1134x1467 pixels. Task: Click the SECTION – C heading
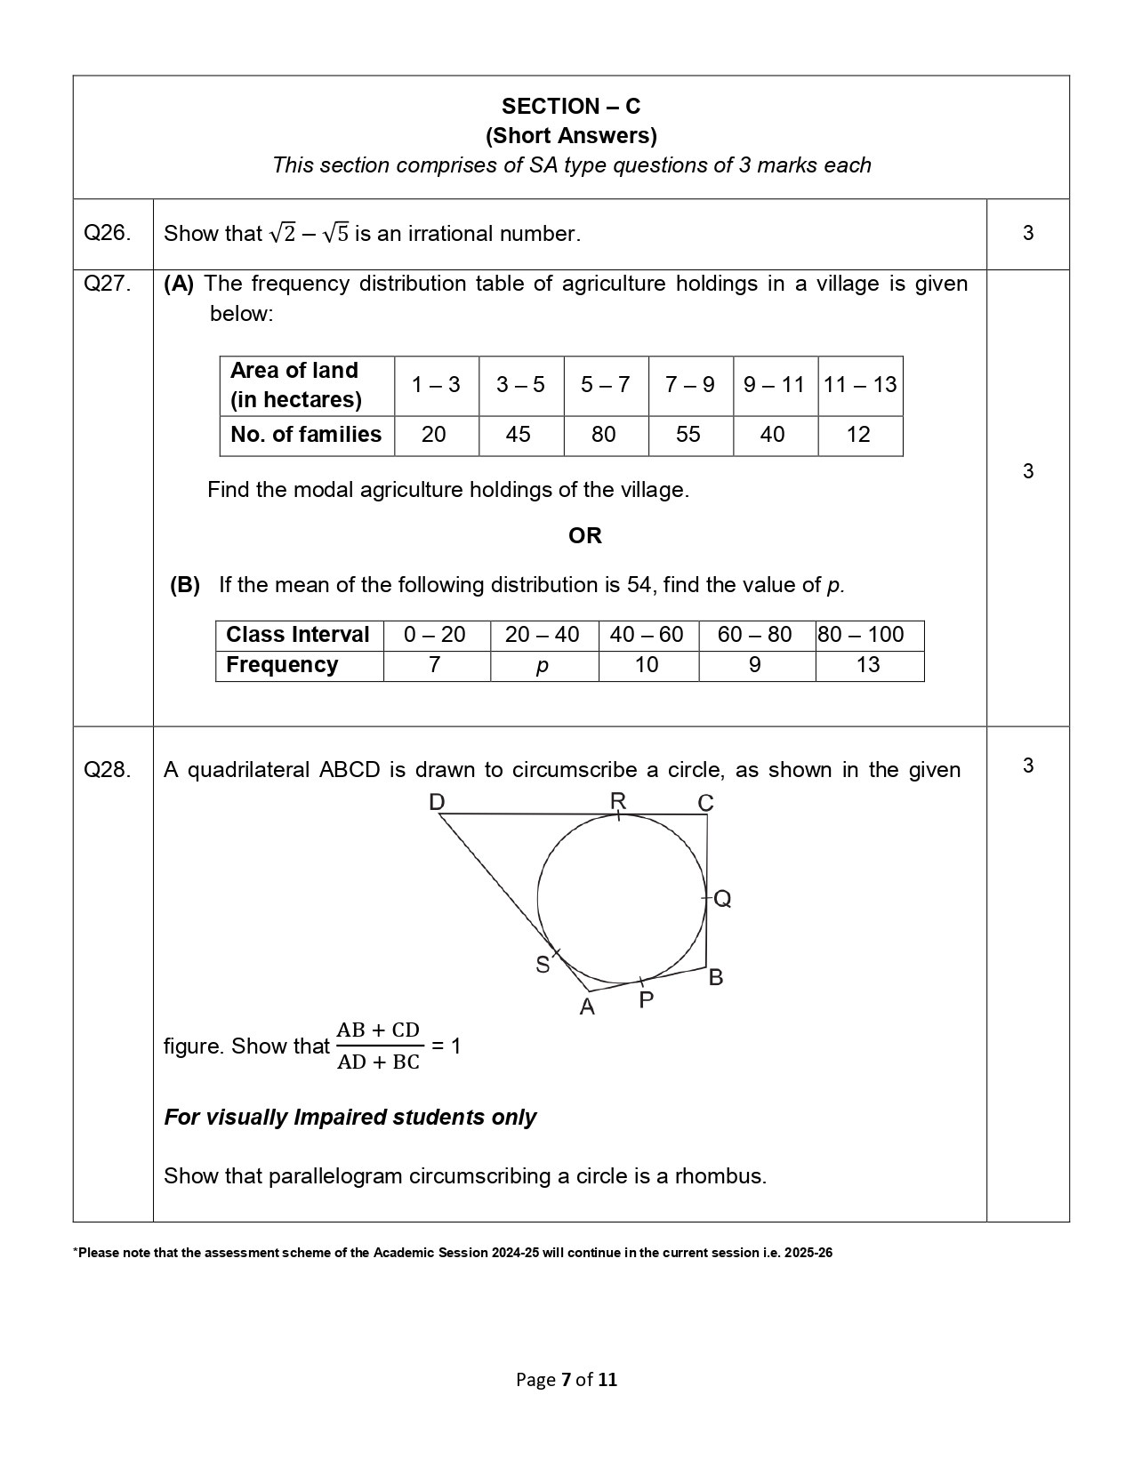pyautogui.click(x=570, y=107)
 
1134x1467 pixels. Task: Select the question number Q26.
pyautogui.click(x=107, y=233)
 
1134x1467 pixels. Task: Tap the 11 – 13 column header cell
pyautogui.click(x=860, y=385)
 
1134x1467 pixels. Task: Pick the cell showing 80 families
pyautogui.click(x=603, y=435)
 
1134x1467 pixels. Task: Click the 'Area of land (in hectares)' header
pyautogui.click(x=295, y=385)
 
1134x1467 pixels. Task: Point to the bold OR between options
pyautogui.click(x=584, y=535)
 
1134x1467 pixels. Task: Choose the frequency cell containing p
pyautogui.click(x=542, y=666)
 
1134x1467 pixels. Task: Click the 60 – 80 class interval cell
pyautogui.click(x=754, y=635)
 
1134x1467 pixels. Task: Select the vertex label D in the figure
pyautogui.click(x=437, y=803)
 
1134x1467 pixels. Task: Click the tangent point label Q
pyautogui.click(x=723, y=899)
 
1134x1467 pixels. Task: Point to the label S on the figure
pyautogui.click(x=543, y=965)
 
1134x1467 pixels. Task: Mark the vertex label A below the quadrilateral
pyautogui.click(x=587, y=1007)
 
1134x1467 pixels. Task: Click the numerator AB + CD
pyautogui.click(x=378, y=1030)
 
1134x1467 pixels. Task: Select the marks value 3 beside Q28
pyautogui.click(x=1028, y=766)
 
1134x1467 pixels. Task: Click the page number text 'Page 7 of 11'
pyautogui.click(x=567, y=1380)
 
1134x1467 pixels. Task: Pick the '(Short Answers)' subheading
pyautogui.click(x=570, y=136)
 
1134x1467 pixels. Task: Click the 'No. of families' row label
pyautogui.click(x=305, y=435)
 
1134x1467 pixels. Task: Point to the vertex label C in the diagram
pyautogui.click(x=705, y=804)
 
